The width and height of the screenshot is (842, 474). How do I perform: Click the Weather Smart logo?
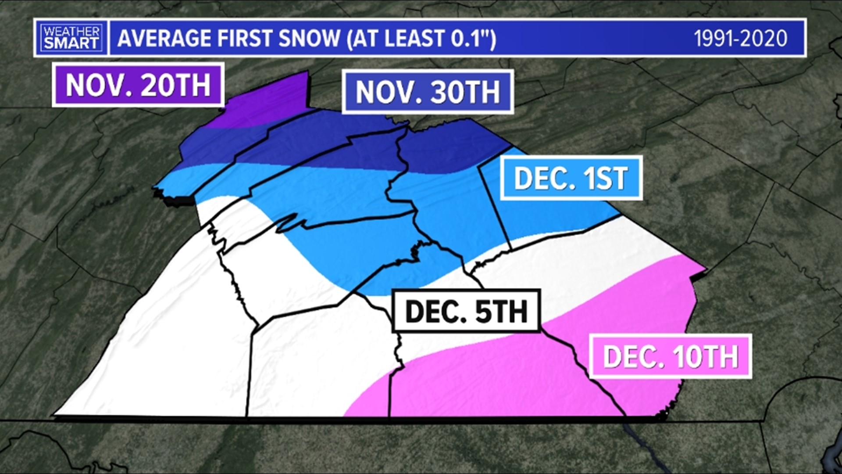(x=71, y=38)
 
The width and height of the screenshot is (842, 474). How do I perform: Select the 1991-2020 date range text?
(x=740, y=39)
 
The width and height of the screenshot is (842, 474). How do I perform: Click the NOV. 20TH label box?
(x=138, y=85)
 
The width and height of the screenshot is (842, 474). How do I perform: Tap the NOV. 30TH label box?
(x=428, y=92)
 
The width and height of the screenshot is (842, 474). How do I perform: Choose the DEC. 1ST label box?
(x=571, y=178)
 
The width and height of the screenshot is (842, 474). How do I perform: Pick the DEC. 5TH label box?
(x=466, y=311)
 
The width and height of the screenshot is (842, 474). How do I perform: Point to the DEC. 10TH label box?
(x=670, y=356)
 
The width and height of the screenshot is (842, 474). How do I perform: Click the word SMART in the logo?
(x=71, y=43)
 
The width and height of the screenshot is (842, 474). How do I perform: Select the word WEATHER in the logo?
(x=71, y=32)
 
